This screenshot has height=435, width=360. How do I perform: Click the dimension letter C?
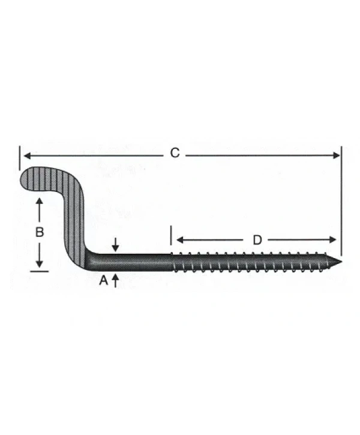[x=174, y=154]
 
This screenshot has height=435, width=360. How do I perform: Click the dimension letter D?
[x=257, y=240]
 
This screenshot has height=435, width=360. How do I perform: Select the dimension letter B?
[x=39, y=232]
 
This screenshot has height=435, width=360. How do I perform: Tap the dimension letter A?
[x=103, y=280]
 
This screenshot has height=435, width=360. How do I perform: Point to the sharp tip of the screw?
[x=340, y=262]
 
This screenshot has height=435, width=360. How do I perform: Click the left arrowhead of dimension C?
[x=26, y=155]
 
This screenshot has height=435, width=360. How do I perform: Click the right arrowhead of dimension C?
[x=337, y=155]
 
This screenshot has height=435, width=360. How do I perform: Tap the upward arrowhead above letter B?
[x=39, y=202]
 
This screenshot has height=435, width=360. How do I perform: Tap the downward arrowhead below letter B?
[x=39, y=265]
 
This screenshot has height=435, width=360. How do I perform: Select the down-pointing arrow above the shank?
[x=115, y=247]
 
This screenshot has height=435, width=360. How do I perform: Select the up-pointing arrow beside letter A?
[x=115, y=278]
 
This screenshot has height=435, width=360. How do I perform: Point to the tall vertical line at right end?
[x=341, y=198]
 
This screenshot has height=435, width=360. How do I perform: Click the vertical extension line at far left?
[x=19, y=157]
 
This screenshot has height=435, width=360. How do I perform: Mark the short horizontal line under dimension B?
[x=39, y=271]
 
